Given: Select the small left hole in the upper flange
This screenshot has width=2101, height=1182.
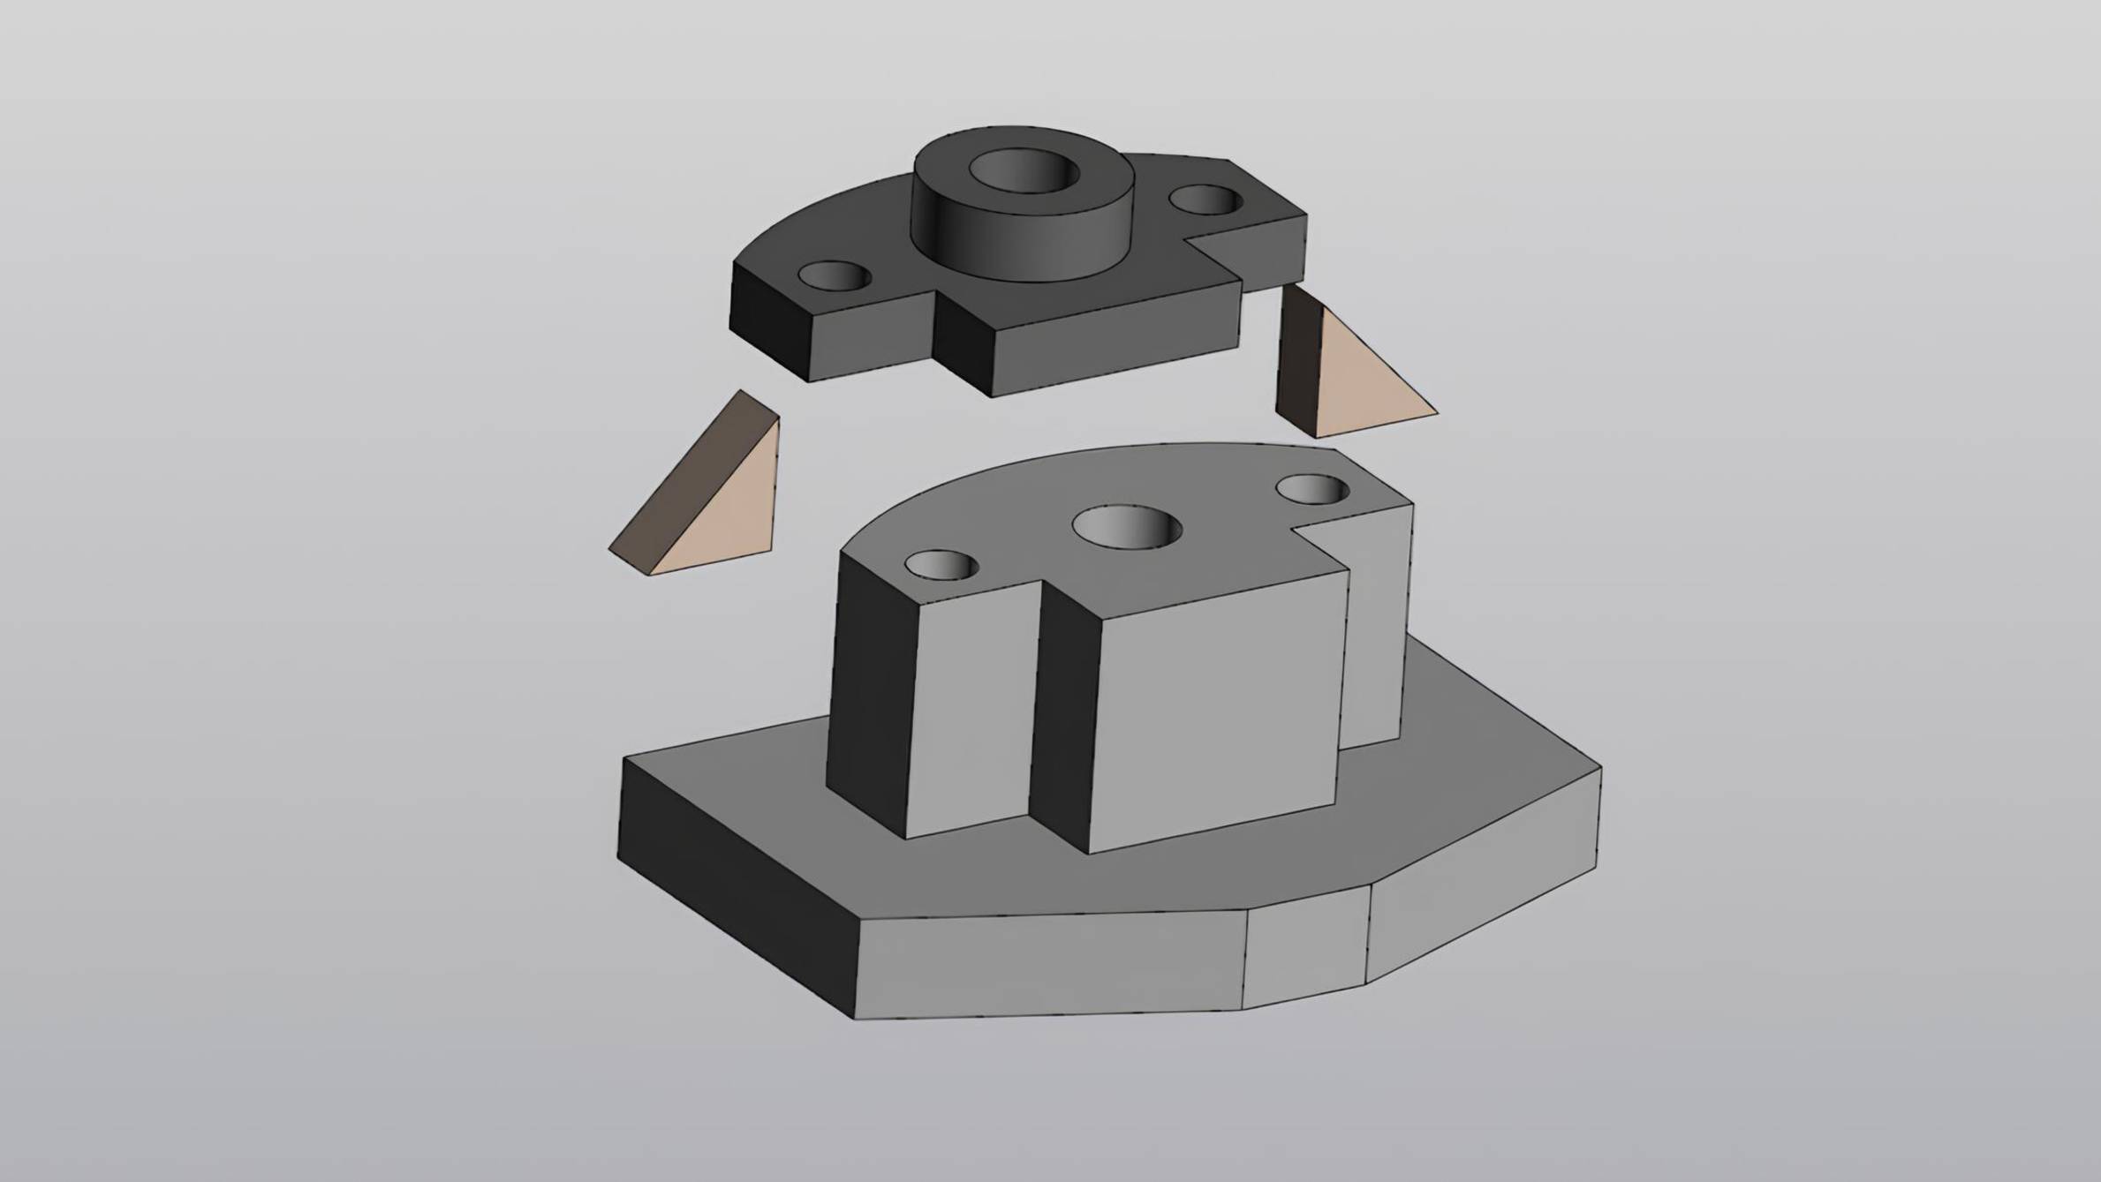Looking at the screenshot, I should click(835, 276).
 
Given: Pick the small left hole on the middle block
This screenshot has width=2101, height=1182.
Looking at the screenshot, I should click(942, 565).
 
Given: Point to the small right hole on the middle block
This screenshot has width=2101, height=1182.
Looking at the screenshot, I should click(1313, 488).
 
